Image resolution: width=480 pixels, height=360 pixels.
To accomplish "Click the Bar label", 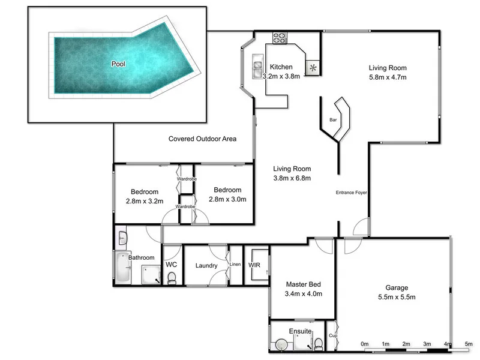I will pos(333,120).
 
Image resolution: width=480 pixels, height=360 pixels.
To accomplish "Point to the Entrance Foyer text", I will pos(351,193).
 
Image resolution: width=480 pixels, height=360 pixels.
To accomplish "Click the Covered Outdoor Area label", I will pos(202,139).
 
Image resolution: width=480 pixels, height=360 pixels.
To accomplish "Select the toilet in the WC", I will pos(172,277).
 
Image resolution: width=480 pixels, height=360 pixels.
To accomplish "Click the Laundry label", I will pos(206,265).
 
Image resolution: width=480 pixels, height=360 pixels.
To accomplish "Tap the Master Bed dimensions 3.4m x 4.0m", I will pos(303,294).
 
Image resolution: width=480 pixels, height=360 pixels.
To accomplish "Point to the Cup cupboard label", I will pos(332,335).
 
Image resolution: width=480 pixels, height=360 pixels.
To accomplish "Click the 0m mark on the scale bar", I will pos(365,344).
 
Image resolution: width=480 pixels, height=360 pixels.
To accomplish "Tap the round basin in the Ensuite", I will pos(281,344).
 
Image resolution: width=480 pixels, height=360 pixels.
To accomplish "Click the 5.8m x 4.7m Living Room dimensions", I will pos(388,77).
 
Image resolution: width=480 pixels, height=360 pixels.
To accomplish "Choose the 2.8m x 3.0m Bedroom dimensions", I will pos(227,200).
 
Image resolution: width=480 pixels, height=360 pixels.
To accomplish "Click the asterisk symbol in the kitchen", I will pos(313,67).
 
